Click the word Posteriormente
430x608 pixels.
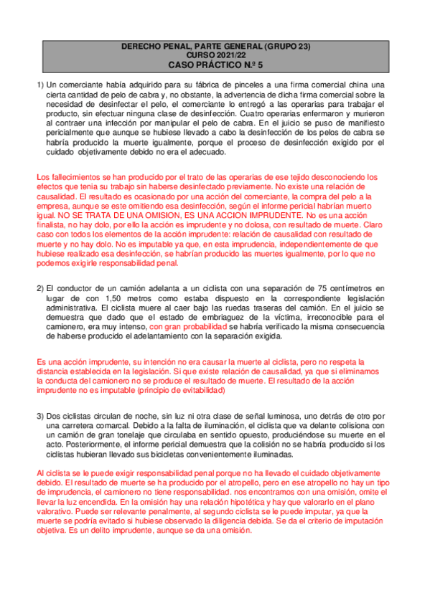point(83,445)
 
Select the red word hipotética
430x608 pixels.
point(237,503)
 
